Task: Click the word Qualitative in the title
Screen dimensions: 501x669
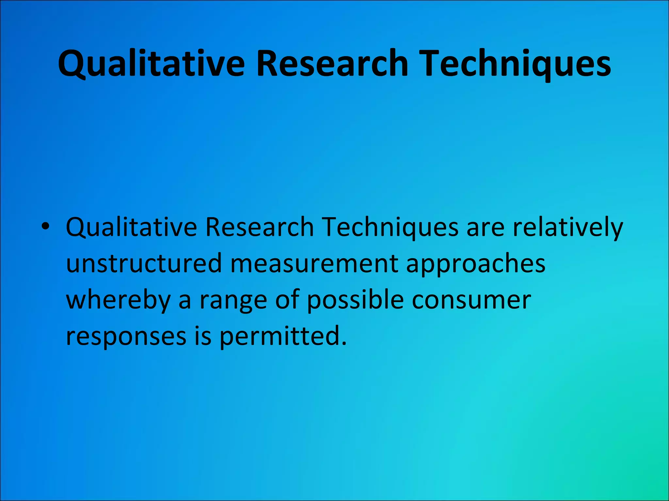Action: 151,64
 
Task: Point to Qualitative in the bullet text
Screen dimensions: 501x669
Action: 131,227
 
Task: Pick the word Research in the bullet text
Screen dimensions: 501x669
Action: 259,227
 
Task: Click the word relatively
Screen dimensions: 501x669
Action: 568,227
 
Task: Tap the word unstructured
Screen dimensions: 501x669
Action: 144,263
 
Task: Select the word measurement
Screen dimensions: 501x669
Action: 314,263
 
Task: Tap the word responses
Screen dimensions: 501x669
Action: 126,337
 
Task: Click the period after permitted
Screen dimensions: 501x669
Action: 343,343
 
